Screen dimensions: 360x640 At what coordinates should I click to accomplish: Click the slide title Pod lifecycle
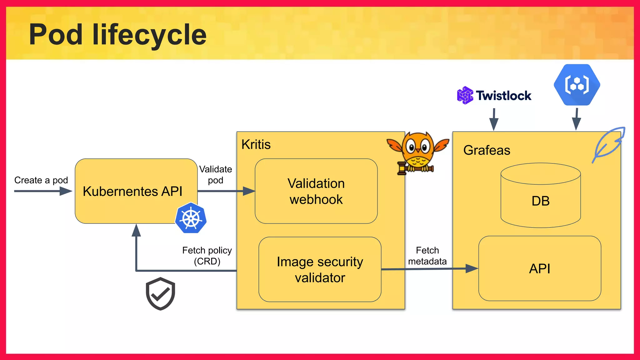coord(117,35)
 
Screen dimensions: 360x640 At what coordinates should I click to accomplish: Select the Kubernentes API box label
coord(132,191)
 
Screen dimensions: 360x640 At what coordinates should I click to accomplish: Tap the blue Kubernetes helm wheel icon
coord(191,218)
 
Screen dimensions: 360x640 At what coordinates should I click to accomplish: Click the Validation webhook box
coord(316,191)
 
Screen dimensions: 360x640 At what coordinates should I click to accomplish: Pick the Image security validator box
coord(320,269)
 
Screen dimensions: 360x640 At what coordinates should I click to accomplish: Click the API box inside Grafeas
coord(540,269)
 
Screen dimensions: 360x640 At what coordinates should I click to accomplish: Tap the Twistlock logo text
coord(503,96)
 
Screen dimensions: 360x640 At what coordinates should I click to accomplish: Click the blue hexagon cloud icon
coord(577,85)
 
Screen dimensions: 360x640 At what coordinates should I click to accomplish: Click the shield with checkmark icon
coord(160,293)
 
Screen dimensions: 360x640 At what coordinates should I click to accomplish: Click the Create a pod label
coord(41,180)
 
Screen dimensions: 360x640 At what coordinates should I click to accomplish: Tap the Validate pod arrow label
coord(216,175)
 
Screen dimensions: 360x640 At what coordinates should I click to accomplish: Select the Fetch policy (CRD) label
coord(207,256)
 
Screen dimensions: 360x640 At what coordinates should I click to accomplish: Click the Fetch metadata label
coord(427,256)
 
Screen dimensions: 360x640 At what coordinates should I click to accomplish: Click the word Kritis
coord(256,145)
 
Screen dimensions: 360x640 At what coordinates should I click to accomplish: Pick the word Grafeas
coord(487,150)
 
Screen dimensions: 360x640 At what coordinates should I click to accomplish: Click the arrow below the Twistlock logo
coord(494,119)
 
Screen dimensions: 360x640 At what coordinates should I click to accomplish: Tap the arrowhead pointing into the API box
coord(471,268)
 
